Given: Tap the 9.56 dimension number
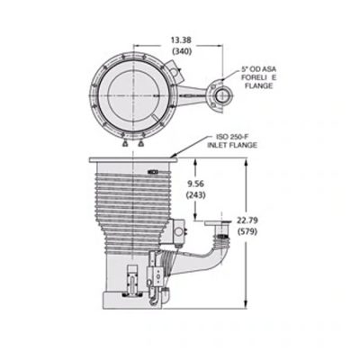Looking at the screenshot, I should [x=197, y=184].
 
